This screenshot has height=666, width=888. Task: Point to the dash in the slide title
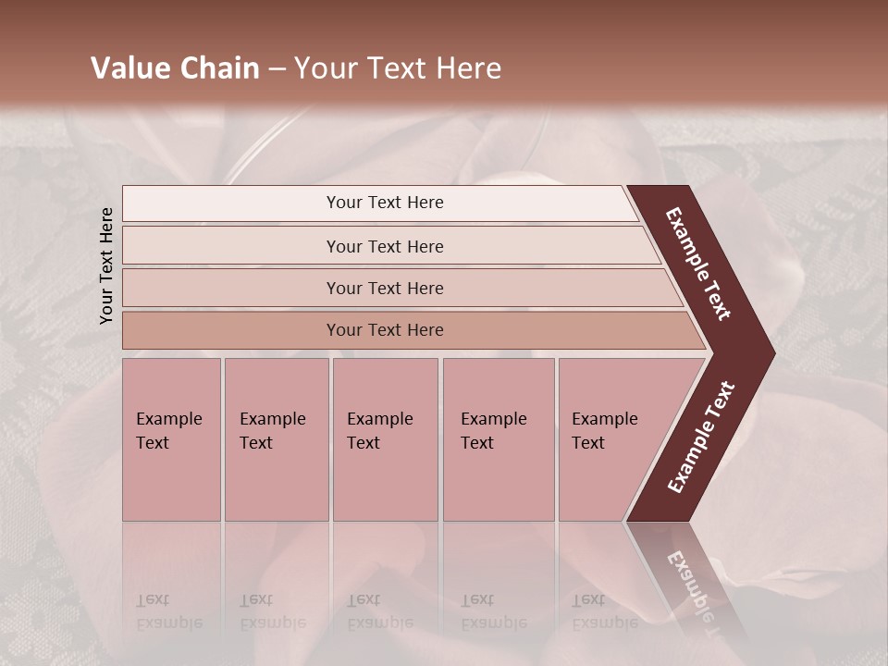pos(277,69)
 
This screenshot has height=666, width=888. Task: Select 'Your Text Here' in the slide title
pos(398,68)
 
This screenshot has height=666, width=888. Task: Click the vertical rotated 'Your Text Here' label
pos(106,265)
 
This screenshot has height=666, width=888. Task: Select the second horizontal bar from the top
pos(385,246)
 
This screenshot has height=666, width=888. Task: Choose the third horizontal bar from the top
pos(385,288)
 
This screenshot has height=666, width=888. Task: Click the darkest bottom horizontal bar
pos(385,330)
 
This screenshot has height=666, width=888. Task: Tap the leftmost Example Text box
pos(171,439)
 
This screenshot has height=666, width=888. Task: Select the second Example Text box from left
pos(276,439)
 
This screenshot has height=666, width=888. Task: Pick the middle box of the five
pos(385,439)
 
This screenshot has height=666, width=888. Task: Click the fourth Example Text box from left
pos(499,439)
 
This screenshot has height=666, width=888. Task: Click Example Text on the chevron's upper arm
pos(699,263)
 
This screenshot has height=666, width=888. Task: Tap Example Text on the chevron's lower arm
pos(701,437)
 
